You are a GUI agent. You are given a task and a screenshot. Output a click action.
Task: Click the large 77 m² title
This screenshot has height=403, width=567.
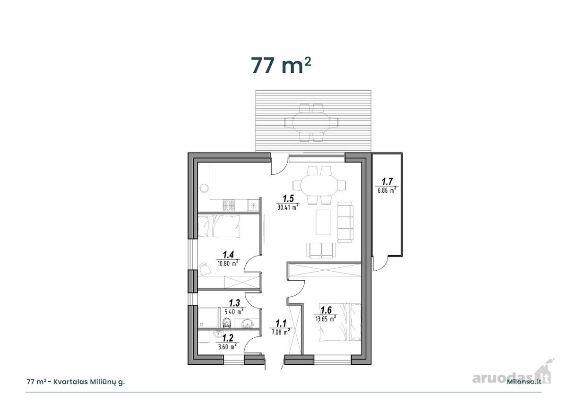pyautogui.click(x=281, y=65)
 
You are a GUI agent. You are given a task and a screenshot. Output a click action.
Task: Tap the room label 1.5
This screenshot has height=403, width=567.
pyautogui.click(x=288, y=198)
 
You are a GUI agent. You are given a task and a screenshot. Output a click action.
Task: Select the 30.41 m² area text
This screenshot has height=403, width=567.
pyautogui.click(x=288, y=207)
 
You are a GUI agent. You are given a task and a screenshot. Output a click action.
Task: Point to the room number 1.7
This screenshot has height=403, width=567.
pyautogui.click(x=387, y=181)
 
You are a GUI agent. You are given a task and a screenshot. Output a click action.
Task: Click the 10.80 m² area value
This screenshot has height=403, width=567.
pyautogui.click(x=228, y=263)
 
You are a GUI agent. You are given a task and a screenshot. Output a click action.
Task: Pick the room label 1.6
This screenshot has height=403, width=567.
pyautogui.click(x=326, y=310)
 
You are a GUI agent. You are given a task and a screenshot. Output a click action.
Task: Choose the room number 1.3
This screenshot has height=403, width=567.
pyautogui.click(x=234, y=302)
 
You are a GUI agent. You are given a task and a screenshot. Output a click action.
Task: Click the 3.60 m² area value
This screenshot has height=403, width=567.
pyautogui.click(x=227, y=346)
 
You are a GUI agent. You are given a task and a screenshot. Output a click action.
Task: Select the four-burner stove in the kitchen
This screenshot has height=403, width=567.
pyautogui.click(x=229, y=206)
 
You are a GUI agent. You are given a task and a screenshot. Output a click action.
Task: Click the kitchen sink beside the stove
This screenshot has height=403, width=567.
pyautogui.click(x=253, y=206)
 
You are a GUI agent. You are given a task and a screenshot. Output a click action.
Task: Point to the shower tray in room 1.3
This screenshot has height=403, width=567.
pyautogui.click(x=208, y=317)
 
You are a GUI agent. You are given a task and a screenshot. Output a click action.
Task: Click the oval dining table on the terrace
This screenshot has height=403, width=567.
pyautogui.click(x=311, y=123)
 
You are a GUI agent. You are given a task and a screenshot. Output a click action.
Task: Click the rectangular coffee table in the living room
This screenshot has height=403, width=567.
pyautogui.click(x=323, y=222)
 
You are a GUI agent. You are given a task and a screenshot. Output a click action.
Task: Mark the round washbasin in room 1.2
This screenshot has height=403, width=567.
pyautogui.click(x=217, y=334)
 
